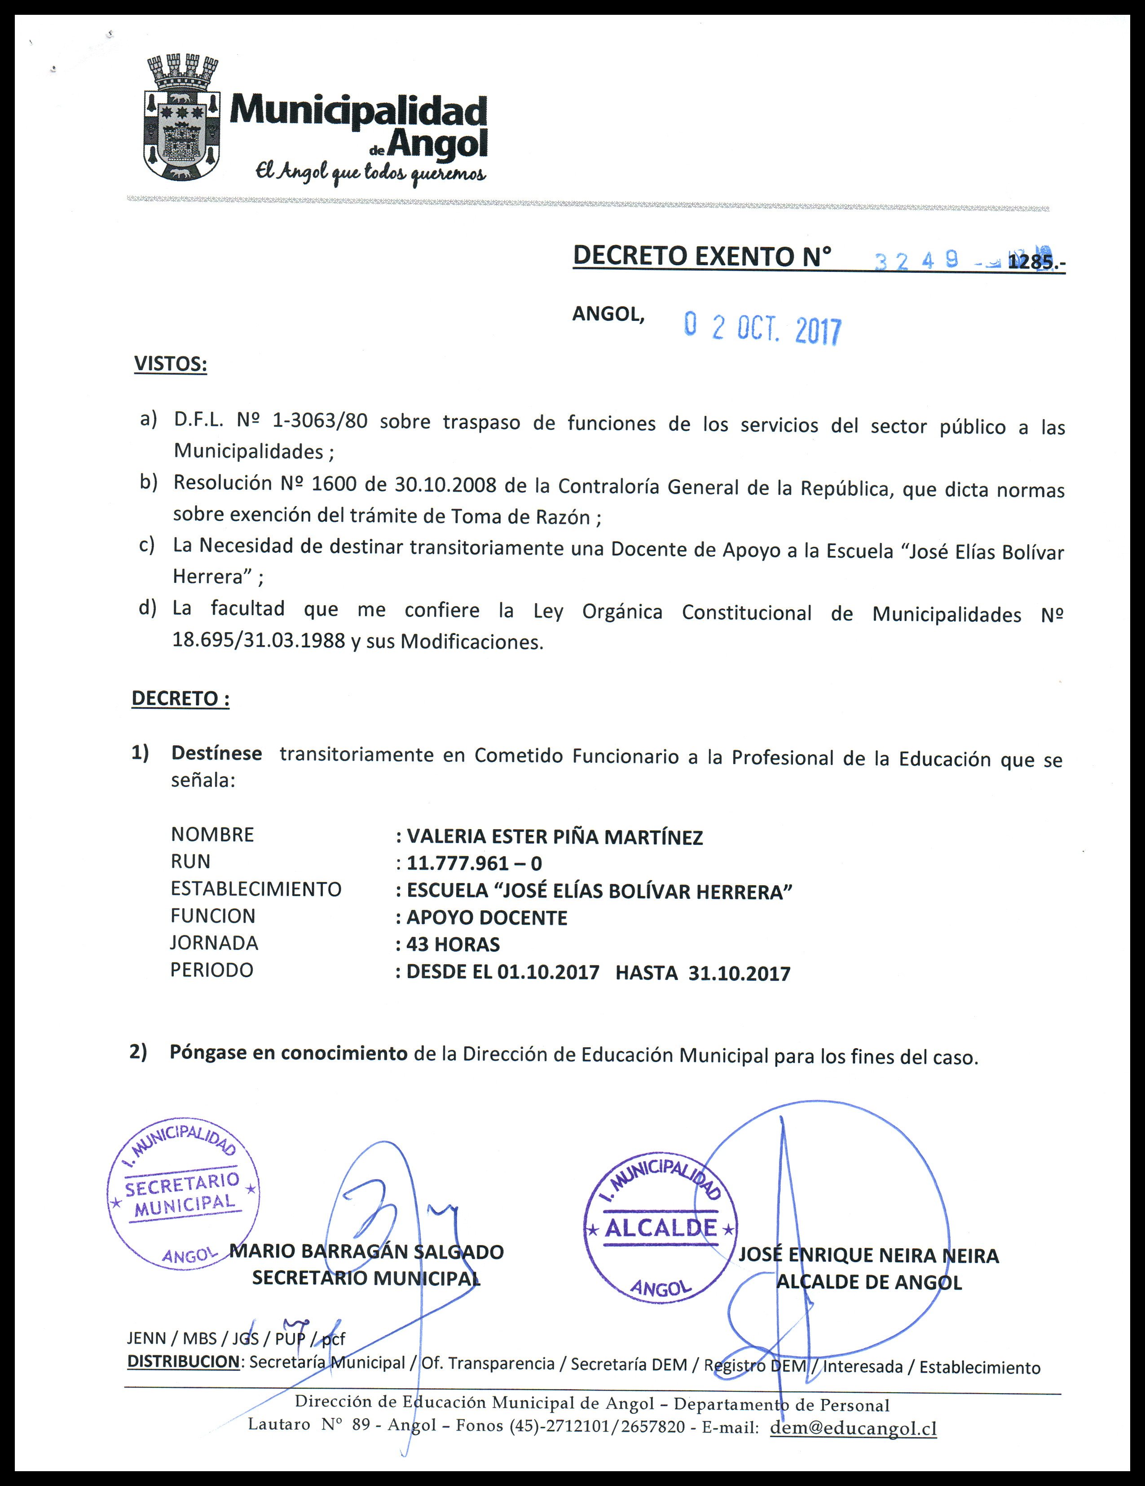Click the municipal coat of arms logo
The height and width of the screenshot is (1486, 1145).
(x=182, y=118)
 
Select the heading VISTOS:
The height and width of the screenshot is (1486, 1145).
(x=170, y=363)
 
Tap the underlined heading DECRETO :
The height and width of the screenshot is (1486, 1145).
(x=181, y=699)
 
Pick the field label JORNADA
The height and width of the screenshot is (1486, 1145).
(x=215, y=943)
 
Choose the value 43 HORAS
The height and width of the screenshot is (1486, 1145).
(x=453, y=944)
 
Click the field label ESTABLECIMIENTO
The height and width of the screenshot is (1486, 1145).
(x=256, y=889)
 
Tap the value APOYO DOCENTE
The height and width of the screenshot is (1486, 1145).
(x=487, y=918)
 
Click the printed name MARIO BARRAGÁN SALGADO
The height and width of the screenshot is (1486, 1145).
(x=367, y=1252)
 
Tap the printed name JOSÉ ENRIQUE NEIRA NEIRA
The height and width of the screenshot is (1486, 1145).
(x=868, y=1256)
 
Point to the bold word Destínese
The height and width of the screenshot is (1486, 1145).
(x=216, y=753)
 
